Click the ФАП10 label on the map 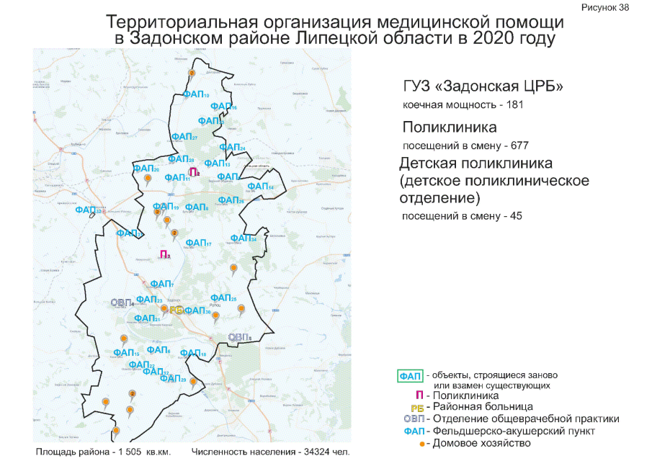point(196,94)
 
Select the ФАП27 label point(185,137)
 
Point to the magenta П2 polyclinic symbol point(193,172)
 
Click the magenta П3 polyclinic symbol point(164,254)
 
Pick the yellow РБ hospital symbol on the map point(174,310)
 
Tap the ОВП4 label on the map point(122,303)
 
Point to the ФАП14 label point(260,187)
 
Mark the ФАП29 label point(173,380)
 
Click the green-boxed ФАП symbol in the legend point(411,376)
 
